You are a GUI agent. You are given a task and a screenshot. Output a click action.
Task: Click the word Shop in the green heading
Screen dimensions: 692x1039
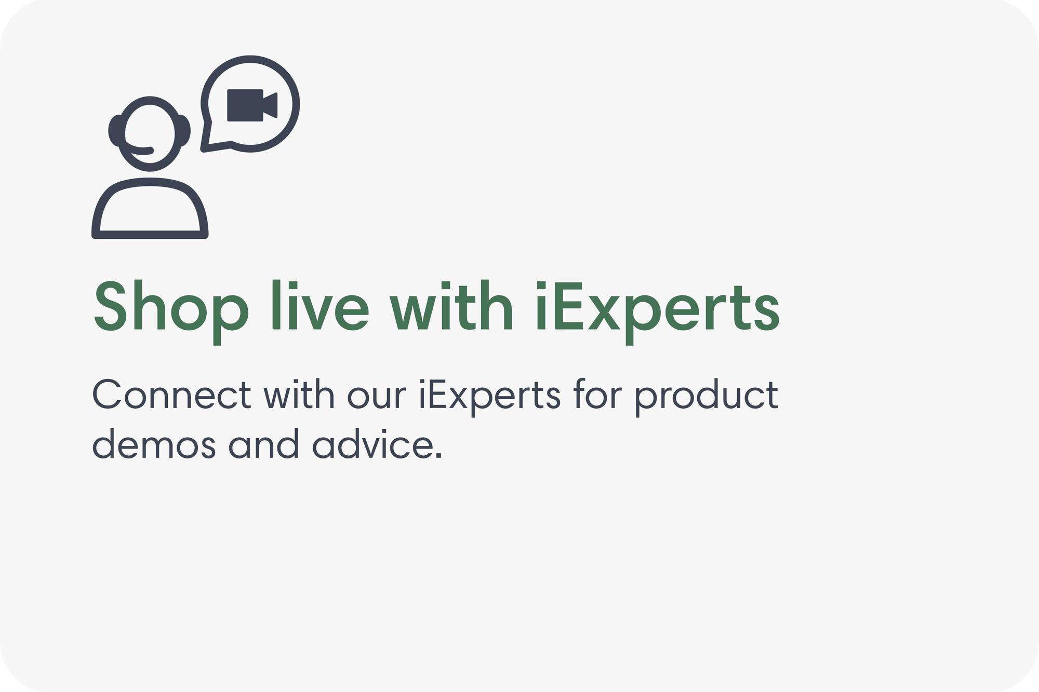click(170, 307)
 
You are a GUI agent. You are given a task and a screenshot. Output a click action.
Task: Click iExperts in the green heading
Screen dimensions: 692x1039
click(657, 307)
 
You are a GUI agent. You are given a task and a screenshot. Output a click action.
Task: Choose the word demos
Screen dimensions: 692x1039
click(154, 445)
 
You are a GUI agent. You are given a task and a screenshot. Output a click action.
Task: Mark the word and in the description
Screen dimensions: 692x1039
click(264, 445)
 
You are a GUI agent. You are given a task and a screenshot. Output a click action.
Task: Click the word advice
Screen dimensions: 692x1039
click(377, 445)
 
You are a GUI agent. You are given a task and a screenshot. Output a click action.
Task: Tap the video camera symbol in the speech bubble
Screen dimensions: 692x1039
click(252, 105)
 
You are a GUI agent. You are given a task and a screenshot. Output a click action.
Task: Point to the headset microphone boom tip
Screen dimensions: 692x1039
click(150, 151)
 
